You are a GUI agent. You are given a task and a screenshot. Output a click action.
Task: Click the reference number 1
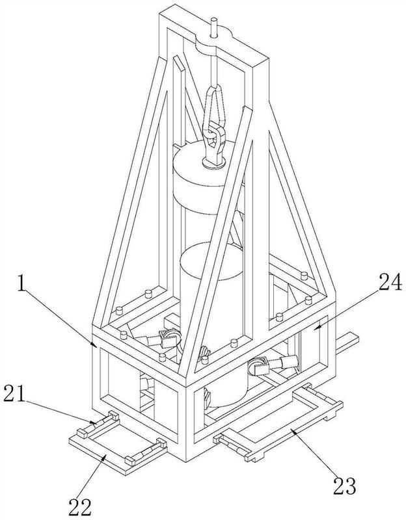point(22,283)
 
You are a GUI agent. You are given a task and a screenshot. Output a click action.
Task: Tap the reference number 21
point(14,394)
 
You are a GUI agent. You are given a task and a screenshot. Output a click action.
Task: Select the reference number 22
point(80,508)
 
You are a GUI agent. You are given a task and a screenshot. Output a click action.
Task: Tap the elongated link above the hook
point(215,105)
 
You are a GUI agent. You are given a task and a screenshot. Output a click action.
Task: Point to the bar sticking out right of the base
point(347,343)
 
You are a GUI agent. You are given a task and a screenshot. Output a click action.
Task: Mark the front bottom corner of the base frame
point(185,461)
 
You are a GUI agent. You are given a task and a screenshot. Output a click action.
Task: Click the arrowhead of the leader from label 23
point(293,430)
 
